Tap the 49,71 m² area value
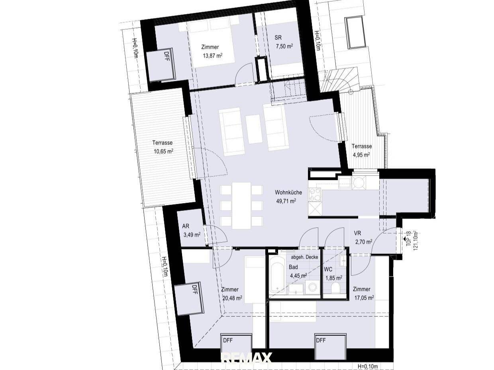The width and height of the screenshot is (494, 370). [x=286, y=201]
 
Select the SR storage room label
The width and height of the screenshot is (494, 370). [x=278, y=37]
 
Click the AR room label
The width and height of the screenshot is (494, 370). [x=186, y=226]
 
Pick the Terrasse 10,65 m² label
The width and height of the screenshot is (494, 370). [x=162, y=147]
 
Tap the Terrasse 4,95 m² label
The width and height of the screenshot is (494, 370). [x=362, y=150]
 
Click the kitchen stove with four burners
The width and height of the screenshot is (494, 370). [x=315, y=195]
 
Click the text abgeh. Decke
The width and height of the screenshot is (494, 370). [x=304, y=257]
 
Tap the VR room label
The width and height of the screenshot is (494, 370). [x=357, y=233]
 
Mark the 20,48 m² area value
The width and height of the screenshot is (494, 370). [x=232, y=298]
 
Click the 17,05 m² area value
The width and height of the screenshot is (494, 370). [x=363, y=298]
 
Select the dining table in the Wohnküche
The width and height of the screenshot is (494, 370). [x=241, y=205]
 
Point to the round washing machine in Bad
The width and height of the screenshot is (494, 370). [x=312, y=287]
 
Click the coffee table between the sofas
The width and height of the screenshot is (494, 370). [x=254, y=129]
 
